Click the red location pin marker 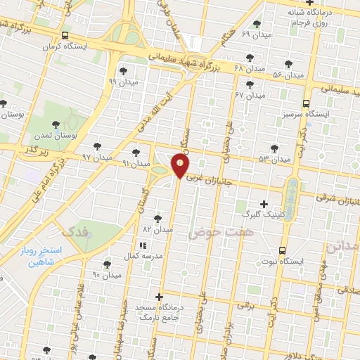[x=181, y=166]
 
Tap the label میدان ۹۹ [x=123, y=81]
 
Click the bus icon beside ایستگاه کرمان [x=65, y=35]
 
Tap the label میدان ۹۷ [x=97, y=156]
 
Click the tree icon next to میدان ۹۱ [x=136, y=152]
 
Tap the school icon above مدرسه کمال [x=142, y=245]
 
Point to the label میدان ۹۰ [x=107, y=275]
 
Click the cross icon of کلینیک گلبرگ [x=264, y=203]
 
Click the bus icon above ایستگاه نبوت [x=283, y=250]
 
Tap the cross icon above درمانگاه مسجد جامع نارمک [x=159, y=297]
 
